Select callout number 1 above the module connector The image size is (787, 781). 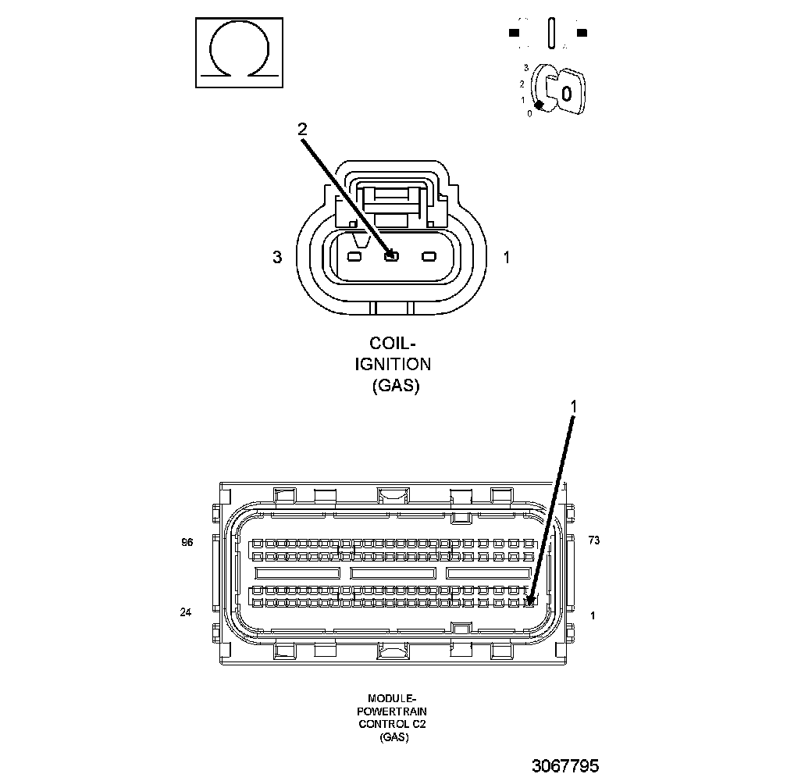574,406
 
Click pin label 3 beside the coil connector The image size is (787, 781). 277,257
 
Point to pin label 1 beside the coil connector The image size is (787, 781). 507,257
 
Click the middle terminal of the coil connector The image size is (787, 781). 391,256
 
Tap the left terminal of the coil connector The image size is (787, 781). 354,257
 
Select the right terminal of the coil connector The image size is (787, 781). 429,257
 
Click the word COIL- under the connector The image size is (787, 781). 393,344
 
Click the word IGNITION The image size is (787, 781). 393,364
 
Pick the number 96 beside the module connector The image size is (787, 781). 187,542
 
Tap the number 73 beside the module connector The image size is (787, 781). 594,540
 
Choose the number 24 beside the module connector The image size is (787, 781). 186,612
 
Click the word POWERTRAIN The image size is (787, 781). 393,711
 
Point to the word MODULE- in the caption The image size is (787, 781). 393,698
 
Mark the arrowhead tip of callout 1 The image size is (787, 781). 530,602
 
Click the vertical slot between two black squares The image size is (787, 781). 550,34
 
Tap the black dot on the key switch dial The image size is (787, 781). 538,105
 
